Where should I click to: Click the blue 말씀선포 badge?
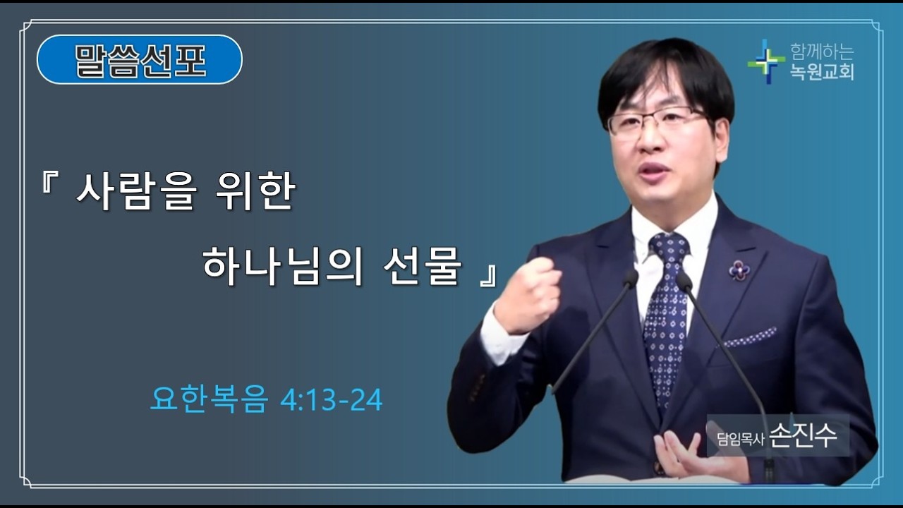point(140,60)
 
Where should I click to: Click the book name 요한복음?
point(210,400)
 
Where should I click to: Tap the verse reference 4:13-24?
point(331,400)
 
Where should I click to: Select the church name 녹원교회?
point(822,71)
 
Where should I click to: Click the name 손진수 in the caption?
point(804,435)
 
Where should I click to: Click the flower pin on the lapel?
point(738,269)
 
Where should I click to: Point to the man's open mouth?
point(655,171)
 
